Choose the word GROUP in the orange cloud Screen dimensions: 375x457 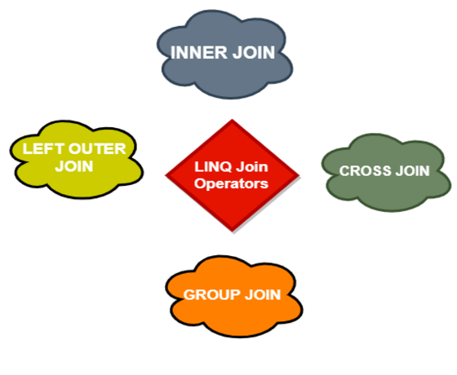[x=209, y=294]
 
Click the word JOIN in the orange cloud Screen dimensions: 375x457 [x=261, y=294]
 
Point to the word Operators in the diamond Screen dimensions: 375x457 [x=232, y=183]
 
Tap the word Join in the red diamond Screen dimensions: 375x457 [x=253, y=167]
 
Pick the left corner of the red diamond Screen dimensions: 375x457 [x=166, y=175]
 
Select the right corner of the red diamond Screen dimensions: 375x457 [x=298, y=175]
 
